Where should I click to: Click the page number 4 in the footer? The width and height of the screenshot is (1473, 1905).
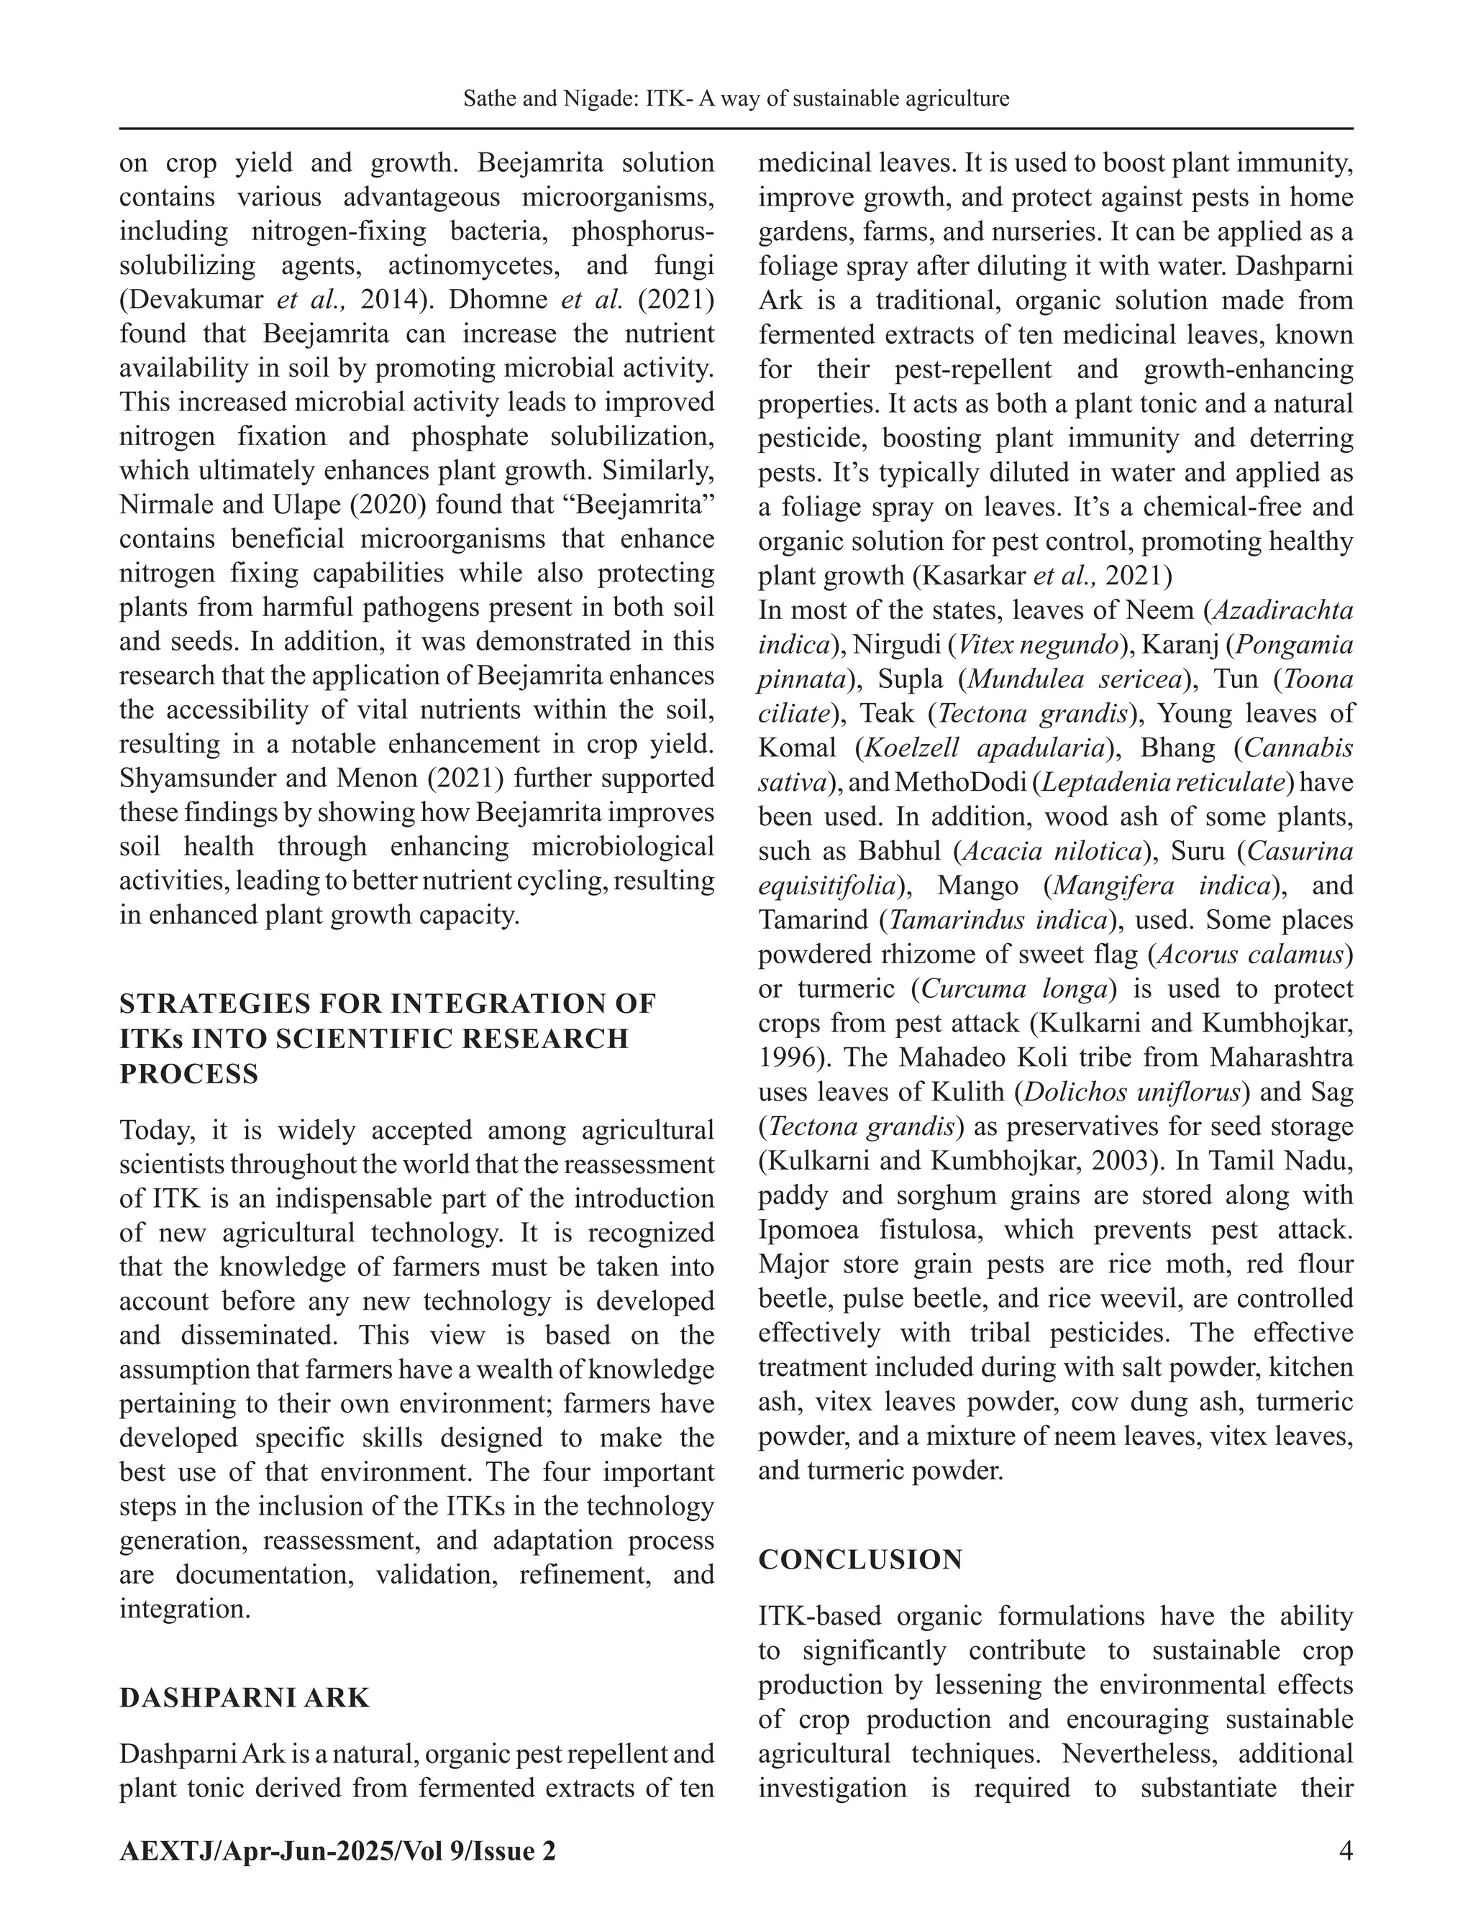tap(1345, 1849)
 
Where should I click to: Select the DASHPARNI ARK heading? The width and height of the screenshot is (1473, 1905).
tap(245, 1697)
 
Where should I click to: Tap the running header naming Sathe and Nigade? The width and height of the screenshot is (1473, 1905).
tap(736, 98)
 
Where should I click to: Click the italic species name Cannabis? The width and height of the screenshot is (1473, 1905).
tap(1298, 748)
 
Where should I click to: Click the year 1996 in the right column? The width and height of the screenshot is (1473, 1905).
tap(787, 1057)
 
